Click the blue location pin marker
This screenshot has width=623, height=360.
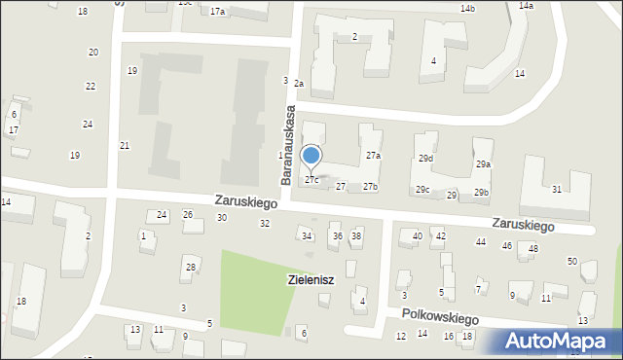coord(311,156)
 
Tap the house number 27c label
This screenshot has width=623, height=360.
coord(311,180)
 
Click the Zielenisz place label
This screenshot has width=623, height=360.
coord(311,280)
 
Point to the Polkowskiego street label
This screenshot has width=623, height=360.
coord(441,317)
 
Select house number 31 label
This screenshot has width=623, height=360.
coord(557,189)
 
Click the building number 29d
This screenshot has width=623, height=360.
coord(426,158)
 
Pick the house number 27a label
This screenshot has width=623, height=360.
coord(373,156)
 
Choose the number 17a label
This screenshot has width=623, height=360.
coord(217,12)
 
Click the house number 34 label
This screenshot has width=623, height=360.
coord(307,236)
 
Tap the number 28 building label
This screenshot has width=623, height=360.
coord(191,268)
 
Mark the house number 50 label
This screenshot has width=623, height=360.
coord(572,262)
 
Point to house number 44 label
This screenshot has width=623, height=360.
coord(481,241)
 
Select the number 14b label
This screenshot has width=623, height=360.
coord(468,9)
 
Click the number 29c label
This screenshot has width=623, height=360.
coord(422,190)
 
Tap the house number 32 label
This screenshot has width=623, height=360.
coord(265,224)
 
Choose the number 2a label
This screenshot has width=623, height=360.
coord(300,84)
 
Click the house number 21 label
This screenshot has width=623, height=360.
coord(125,146)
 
